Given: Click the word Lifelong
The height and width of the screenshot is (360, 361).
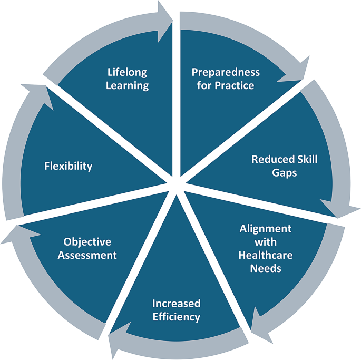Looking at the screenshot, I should click(x=127, y=72).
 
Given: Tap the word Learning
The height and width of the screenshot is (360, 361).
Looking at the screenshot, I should click(x=127, y=85).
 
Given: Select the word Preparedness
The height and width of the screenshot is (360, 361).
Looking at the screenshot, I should click(x=226, y=72).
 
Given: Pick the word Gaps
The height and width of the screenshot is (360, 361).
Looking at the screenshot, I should click(x=285, y=172).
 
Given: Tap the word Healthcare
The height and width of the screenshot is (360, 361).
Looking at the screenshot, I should click(x=266, y=255).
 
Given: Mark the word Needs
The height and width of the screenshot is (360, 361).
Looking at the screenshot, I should click(x=266, y=268).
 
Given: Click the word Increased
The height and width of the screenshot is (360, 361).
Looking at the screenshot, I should click(x=177, y=304).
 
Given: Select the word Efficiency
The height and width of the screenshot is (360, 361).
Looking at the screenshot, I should click(x=177, y=317).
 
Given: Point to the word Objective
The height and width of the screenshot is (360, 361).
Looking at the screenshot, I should click(x=87, y=242).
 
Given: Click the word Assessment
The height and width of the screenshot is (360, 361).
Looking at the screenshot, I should click(x=87, y=255).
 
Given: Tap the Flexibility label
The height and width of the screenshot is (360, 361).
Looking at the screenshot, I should click(x=68, y=167).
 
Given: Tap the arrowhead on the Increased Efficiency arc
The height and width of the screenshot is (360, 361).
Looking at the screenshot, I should click(x=117, y=346).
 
